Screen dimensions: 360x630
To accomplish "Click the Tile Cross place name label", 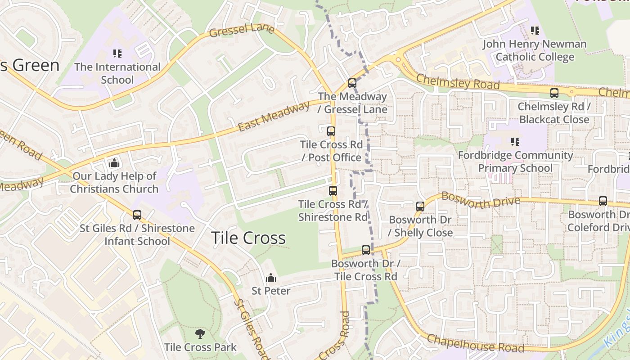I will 248,238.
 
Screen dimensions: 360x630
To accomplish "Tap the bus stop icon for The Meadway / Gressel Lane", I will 352,83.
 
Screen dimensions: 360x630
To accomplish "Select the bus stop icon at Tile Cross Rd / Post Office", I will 331,131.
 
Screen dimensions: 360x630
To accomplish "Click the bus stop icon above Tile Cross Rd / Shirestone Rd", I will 333,191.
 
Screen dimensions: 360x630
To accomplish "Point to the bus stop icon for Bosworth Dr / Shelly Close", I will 420,207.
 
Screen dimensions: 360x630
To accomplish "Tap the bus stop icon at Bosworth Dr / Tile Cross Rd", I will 366,250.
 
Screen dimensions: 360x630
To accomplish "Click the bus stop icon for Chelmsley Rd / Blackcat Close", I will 554,94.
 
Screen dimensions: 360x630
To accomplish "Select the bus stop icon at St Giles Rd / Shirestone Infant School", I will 137,216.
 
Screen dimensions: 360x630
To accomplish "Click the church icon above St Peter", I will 271,278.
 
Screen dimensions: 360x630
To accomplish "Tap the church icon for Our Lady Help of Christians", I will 114,163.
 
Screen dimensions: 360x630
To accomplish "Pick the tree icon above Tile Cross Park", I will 200,334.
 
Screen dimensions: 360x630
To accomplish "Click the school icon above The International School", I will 117,54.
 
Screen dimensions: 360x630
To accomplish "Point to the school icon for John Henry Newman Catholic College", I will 535,31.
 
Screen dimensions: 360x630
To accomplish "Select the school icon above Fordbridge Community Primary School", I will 515,142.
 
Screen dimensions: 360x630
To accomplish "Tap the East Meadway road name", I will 274,117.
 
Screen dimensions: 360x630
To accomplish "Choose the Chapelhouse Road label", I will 475,343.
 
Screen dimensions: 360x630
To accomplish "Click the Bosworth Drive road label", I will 481,200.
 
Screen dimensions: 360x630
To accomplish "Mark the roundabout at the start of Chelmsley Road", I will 398,59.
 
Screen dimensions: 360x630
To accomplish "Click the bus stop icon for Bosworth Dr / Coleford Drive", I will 603,201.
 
